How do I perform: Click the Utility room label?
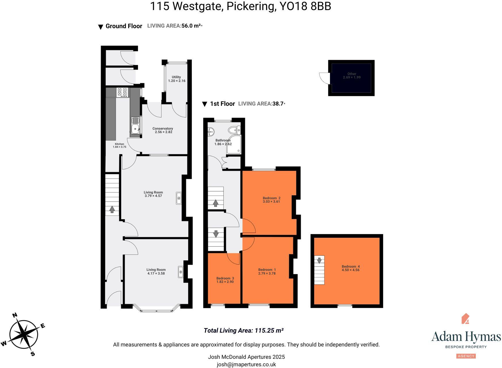[176, 77]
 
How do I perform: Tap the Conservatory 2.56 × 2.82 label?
[163, 130]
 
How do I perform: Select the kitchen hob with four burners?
[122, 92]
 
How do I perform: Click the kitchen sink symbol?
[135, 126]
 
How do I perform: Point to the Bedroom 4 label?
[350, 267]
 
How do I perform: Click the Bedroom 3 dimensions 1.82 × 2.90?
[225, 282]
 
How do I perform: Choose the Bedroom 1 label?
[267, 270]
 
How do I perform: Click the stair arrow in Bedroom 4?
[319, 260]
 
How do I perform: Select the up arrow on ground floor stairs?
[112, 210]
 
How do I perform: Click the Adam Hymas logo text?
[466, 336]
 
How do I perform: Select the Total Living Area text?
[243, 331]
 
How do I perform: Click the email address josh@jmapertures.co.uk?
[246, 365]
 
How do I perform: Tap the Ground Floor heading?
[124, 26]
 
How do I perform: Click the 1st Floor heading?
[222, 104]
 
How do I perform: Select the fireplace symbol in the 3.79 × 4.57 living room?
[179, 198]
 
